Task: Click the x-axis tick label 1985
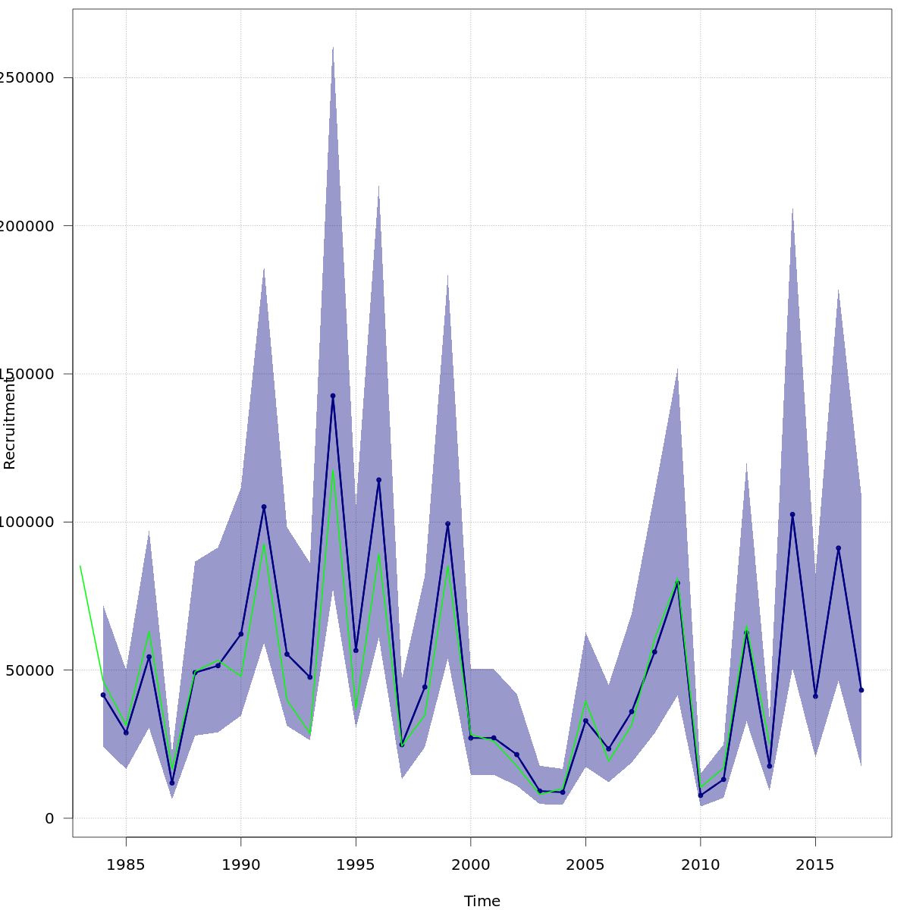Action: click(126, 864)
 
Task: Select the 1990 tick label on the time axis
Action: click(241, 864)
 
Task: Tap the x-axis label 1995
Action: click(356, 864)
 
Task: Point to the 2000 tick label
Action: click(470, 864)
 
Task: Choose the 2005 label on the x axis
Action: click(585, 864)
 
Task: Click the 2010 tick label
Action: click(700, 864)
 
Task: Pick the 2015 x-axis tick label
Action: click(815, 864)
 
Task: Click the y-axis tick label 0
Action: click(49, 818)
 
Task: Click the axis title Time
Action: click(482, 901)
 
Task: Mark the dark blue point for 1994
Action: click(333, 396)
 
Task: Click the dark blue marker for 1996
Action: click(378, 480)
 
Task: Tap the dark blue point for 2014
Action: click(792, 515)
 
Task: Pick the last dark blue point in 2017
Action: click(861, 690)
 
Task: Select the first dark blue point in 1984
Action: click(103, 695)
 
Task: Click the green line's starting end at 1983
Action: click(80, 566)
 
